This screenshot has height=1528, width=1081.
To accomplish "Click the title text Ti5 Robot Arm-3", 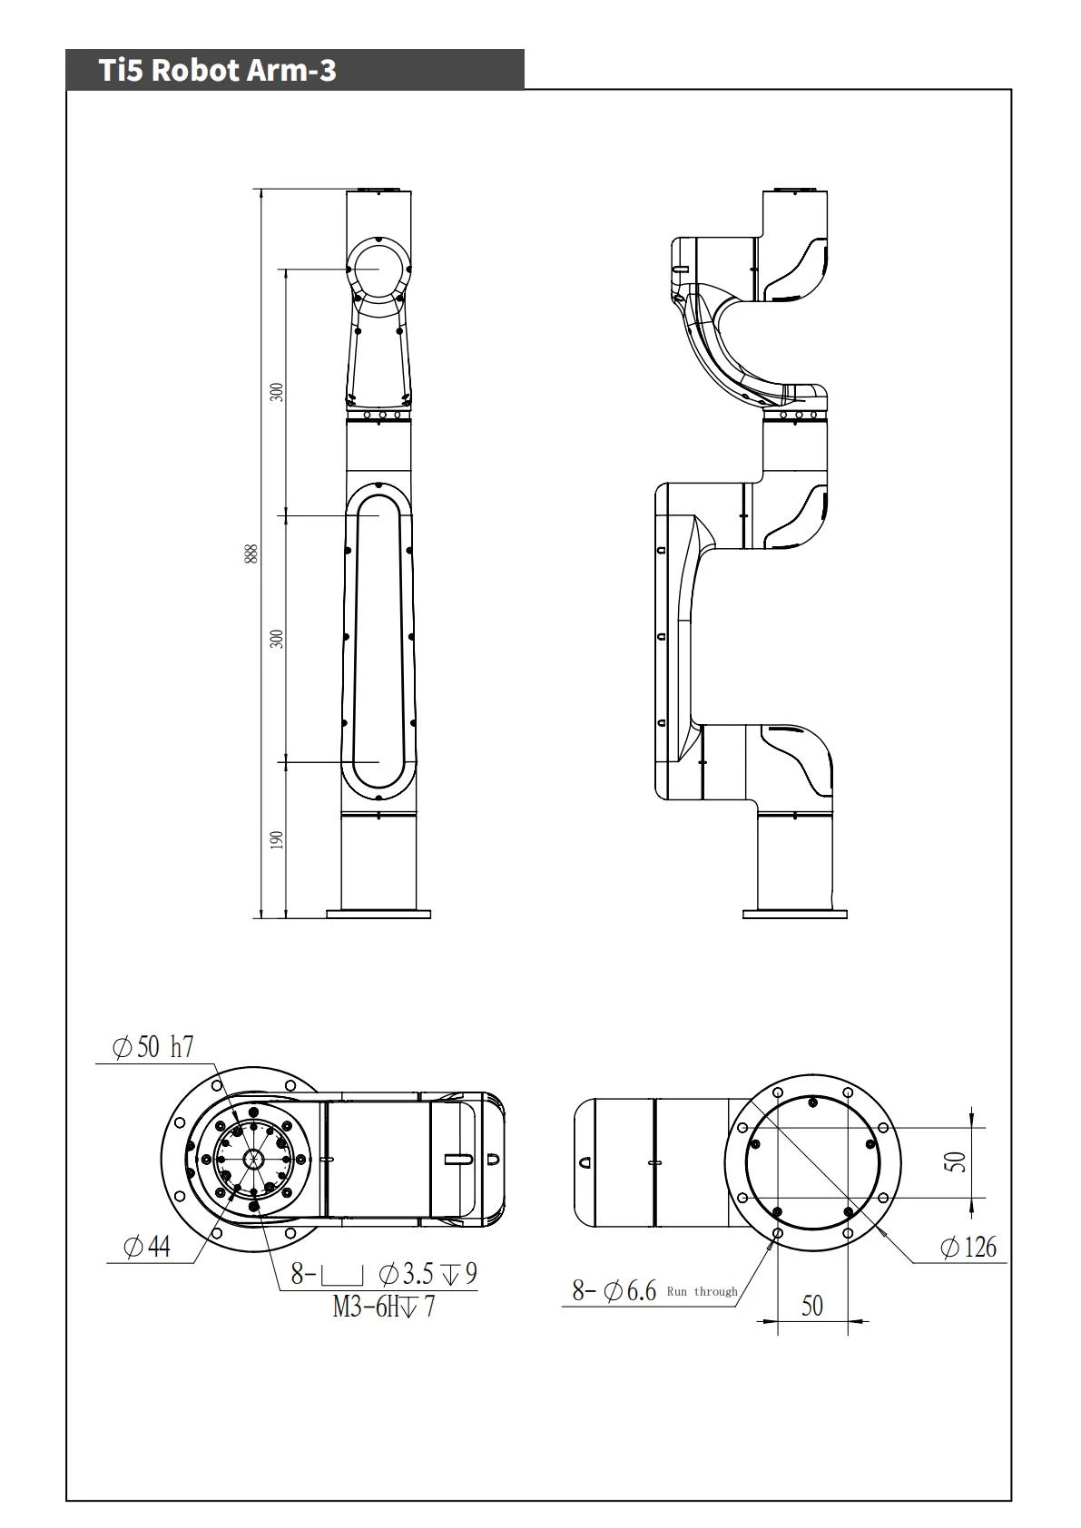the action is tap(218, 70).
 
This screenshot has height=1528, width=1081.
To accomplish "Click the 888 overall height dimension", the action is tap(251, 553).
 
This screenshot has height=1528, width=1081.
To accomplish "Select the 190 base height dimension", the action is tap(277, 839).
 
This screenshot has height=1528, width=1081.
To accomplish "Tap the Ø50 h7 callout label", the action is tap(152, 1047).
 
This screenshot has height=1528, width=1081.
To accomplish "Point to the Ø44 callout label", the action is tap(146, 1248).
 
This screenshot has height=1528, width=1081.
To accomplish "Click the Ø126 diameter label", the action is tap(968, 1248).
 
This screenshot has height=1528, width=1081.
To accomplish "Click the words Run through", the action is tap(703, 1291).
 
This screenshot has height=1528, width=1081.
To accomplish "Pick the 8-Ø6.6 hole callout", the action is tap(614, 1290).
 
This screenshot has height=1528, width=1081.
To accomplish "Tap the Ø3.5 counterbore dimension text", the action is tap(406, 1274).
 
